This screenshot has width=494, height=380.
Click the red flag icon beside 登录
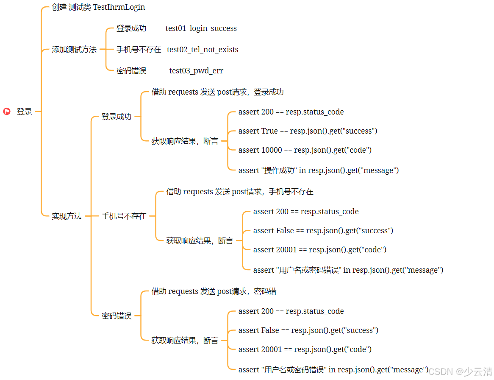[7, 112]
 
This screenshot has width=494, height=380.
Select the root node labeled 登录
[24, 112]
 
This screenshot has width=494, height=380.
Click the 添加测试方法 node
[74, 50]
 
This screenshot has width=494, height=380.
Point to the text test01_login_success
[201, 28]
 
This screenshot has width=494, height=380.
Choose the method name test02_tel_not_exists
[203, 50]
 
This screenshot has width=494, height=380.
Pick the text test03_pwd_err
[196, 71]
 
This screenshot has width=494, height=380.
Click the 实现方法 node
[67, 216]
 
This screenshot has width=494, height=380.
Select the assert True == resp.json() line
[308, 131]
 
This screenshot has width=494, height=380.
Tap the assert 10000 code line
[305, 150]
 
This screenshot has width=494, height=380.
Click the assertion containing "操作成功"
[319, 170]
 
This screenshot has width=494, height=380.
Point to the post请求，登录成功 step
[217, 92]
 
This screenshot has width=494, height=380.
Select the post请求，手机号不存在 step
[240, 192]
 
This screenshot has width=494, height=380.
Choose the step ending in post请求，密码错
[214, 291]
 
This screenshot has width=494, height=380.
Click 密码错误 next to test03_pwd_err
[131, 71]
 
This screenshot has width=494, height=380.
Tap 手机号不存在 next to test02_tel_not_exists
[139, 50]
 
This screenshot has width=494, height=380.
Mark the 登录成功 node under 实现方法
[117, 117]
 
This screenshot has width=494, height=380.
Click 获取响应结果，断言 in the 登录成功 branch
[185, 141]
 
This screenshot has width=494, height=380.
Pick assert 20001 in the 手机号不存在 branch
[319, 250]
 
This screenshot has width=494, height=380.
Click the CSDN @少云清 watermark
[460, 372]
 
